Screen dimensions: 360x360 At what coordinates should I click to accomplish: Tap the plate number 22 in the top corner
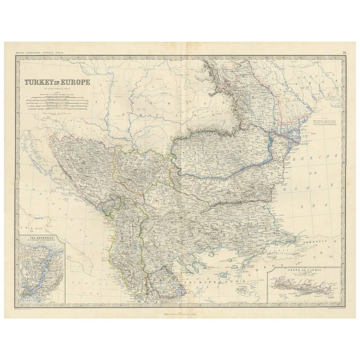click(x=344, y=54)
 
